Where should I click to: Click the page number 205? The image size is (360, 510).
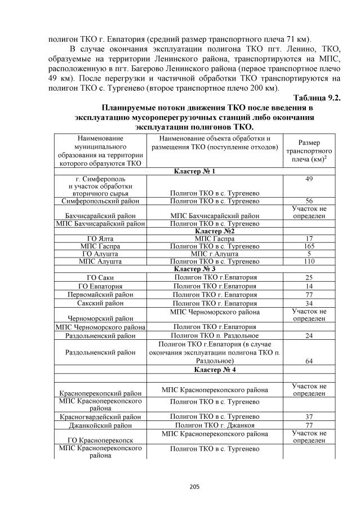pyautogui.click(x=180, y=487)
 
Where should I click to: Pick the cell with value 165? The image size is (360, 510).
pyautogui.click(x=308, y=246)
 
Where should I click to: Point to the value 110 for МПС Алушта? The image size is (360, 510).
pyautogui.click(x=308, y=262)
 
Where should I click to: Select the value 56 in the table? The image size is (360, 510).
pyautogui.click(x=308, y=201)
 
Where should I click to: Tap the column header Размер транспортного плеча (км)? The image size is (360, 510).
pyautogui.click(x=308, y=151)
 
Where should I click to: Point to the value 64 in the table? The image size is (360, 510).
pyautogui.click(x=308, y=361)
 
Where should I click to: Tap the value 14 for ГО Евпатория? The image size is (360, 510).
pyautogui.click(x=308, y=286)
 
